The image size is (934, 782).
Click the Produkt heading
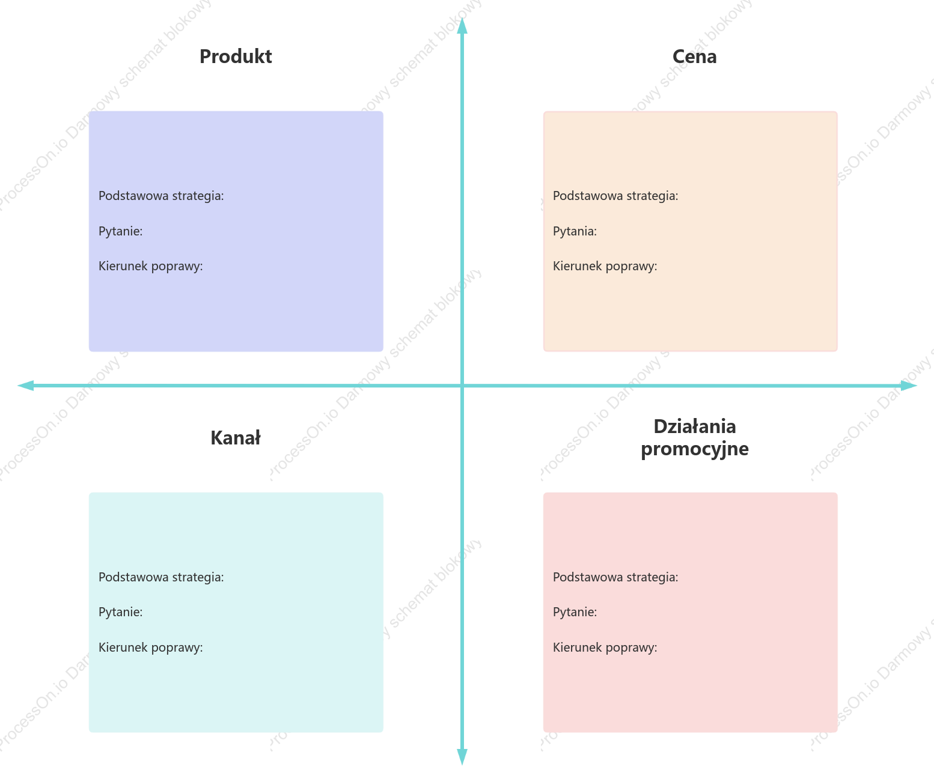point(236,57)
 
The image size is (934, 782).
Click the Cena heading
point(694,57)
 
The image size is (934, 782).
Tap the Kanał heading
point(235,438)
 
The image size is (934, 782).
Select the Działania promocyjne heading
point(694,438)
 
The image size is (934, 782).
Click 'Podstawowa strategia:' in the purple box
point(161,196)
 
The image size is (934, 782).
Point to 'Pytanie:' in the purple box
point(120,231)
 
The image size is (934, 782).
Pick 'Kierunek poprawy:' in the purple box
point(150,266)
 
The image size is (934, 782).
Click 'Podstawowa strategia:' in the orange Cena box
point(615,196)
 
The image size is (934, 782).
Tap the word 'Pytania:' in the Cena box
point(575,231)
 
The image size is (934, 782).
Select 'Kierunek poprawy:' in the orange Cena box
point(605,266)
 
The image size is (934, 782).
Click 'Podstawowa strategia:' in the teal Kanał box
point(161,577)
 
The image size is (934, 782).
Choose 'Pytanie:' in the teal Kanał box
point(120,612)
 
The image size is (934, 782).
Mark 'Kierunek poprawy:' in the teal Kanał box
point(150,647)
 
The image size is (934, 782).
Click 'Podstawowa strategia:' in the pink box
point(615,577)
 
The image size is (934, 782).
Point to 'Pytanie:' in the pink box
point(575,612)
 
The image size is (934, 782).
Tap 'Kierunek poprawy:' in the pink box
point(605,647)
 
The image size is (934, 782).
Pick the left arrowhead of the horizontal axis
point(25,386)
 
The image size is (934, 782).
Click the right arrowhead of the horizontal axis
point(909,386)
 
